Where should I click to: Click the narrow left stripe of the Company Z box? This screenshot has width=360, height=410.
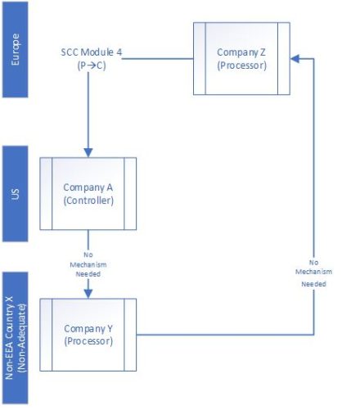click(x=197, y=59)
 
